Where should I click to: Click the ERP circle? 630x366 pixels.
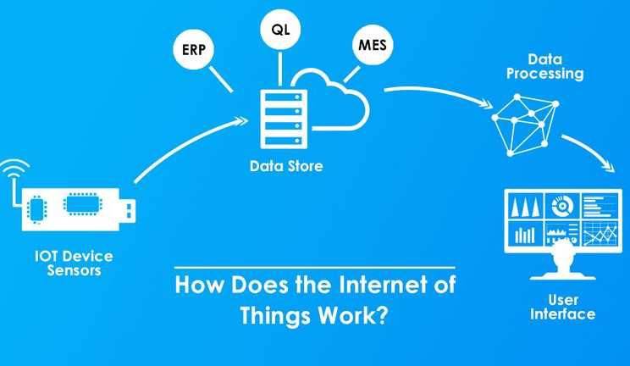[194, 49]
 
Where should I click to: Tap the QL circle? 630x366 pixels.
[280, 30]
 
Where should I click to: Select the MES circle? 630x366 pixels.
[373, 45]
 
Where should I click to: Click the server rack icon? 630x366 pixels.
[284, 119]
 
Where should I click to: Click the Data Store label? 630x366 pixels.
[286, 166]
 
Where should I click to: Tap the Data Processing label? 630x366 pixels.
[544, 67]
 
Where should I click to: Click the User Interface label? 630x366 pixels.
[562, 307]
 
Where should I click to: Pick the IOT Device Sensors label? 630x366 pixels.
[74, 263]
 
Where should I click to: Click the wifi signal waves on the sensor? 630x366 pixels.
[15, 166]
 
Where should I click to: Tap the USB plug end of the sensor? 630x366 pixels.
[128, 211]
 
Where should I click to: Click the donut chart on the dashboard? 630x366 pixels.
[562, 206]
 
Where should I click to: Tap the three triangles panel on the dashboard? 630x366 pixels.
[525, 207]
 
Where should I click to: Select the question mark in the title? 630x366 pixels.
[382, 314]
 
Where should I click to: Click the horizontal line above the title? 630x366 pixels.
[315, 267]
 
